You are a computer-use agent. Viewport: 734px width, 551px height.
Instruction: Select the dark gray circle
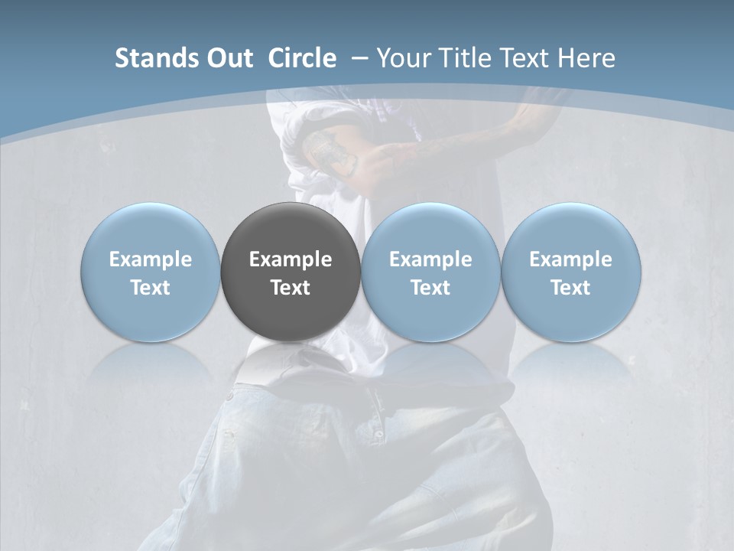coord(290,230)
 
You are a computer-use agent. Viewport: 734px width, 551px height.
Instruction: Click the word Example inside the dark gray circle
coord(290,259)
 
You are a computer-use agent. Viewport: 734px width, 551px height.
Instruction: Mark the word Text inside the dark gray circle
coord(290,288)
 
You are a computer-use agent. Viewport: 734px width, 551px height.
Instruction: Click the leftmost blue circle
coord(150,230)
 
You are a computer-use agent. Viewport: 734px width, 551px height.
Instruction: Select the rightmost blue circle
coord(570,230)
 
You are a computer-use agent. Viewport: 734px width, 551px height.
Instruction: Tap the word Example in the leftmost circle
coord(150,259)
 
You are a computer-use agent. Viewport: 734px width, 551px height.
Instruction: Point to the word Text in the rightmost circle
coord(570,288)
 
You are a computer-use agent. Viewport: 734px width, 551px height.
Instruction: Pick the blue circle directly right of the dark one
coord(430,230)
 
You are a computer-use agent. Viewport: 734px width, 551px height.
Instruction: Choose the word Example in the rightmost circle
coord(570,259)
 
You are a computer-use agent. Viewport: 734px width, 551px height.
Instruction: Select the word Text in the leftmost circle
coord(150,288)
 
